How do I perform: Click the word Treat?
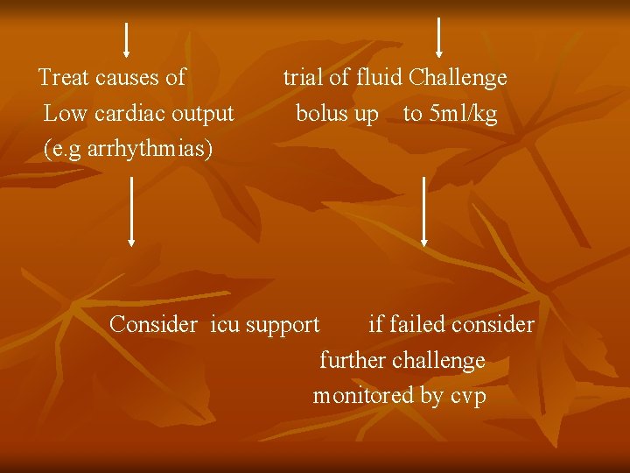coord(64,78)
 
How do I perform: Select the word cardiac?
coord(131,114)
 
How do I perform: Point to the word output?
coord(203,114)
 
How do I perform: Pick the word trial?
coord(303,78)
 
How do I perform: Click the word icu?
coord(225,325)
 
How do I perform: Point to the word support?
coord(283,326)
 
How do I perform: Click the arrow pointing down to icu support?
coord(132,211)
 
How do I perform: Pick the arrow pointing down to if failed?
coord(424,211)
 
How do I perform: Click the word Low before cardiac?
coord(61,114)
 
